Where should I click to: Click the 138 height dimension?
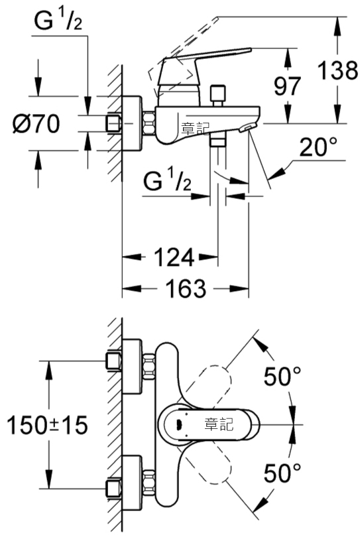point(337,70)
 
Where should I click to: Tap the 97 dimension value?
point(287,86)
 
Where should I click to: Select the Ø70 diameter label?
point(36,123)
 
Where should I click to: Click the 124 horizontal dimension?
point(174,257)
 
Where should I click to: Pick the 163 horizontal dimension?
point(186,288)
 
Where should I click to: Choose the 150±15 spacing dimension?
point(47,425)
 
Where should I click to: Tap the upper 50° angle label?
point(282,376)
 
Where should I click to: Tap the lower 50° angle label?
point(282,473)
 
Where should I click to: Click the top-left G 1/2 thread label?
point(58,21)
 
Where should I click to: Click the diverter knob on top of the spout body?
point(218,96)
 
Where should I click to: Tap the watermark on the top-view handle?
point(219,425)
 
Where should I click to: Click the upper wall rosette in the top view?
point(132,366)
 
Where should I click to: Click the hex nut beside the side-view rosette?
point(149,123)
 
